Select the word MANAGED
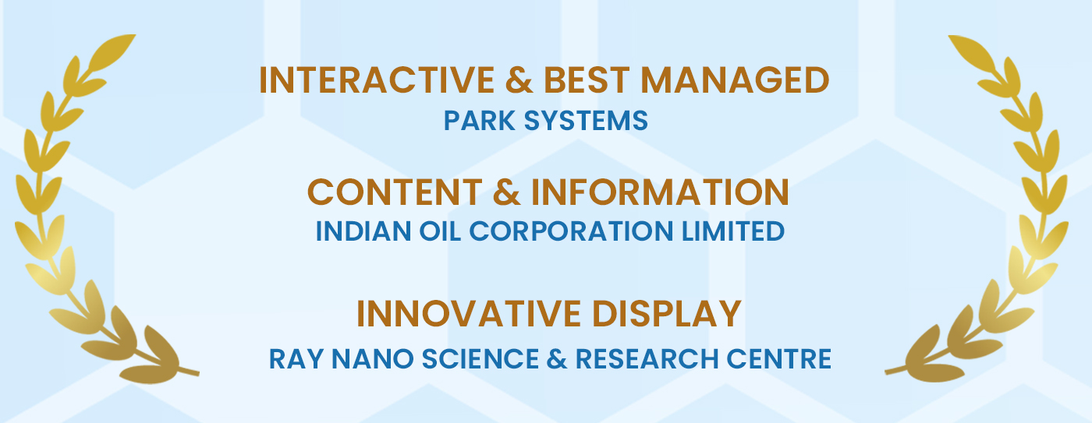coord(735,79)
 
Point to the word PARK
coord(479,120)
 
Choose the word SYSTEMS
coord(586,120)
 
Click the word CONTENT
coord(395,192)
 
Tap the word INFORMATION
coord(660,192)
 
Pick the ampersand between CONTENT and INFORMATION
coord(506,192)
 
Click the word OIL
coord(440,231)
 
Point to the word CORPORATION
coord(571,231)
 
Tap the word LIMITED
coord(733,231)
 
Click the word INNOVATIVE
coord(470,313)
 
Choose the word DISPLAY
coord(667,313)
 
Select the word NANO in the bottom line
coord(373,359)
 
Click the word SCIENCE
coord(480,359)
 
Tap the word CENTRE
coord(778,359)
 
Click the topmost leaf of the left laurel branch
coord(112,52)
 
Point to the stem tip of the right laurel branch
coord(887,373)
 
